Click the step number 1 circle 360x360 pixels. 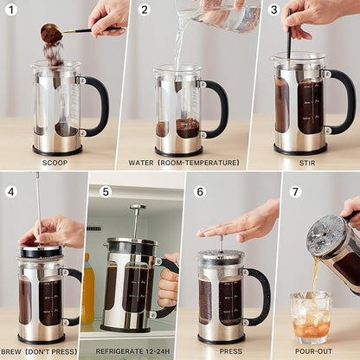10,10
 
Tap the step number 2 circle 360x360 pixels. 145,10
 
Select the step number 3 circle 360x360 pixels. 273,10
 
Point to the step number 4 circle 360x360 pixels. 10,191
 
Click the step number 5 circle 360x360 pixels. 106,191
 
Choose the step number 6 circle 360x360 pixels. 200,191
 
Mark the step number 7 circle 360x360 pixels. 296,191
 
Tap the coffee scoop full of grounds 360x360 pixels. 52,35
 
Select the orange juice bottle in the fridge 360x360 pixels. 88,289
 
